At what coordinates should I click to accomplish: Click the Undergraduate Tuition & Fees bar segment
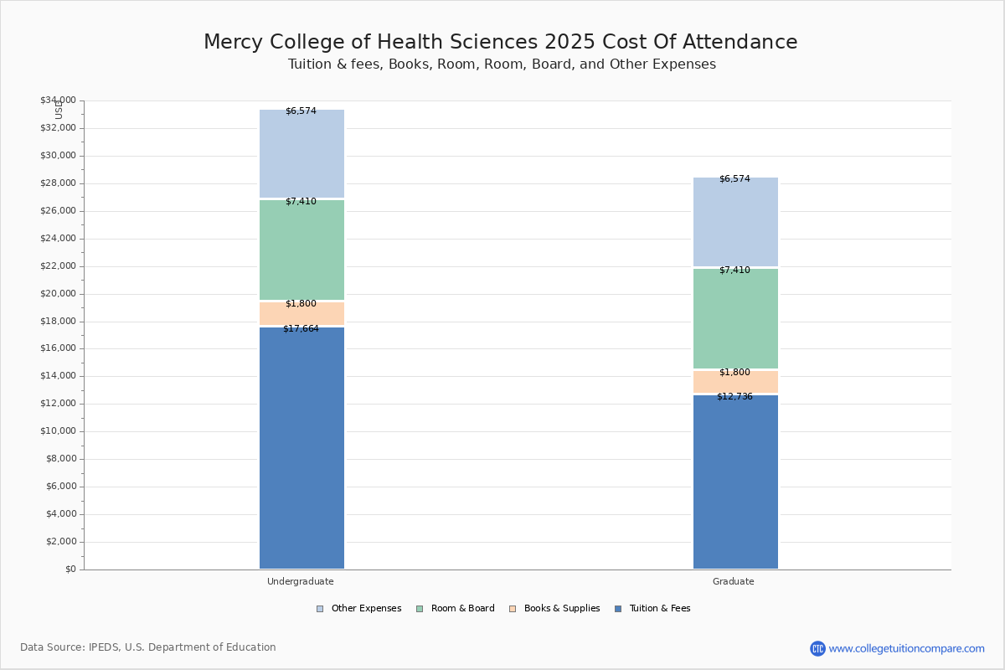[x=301, y=448]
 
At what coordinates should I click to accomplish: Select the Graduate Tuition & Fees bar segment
[x=735, y=482]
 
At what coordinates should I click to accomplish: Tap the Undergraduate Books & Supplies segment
[x=301, y=314]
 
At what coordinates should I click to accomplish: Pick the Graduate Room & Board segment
[x=735, y=319]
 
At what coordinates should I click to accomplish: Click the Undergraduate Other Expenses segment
[x=301, y=155]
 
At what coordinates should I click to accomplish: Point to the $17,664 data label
[x=301, y=329]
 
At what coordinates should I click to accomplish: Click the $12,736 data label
[x=734, y=397]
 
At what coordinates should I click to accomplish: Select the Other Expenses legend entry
[x=359, y=609]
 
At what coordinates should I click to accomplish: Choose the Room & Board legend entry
[x=456, y=609]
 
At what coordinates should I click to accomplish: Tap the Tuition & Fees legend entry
[x=652, y=609]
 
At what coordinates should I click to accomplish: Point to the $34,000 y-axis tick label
[x=58, y=100]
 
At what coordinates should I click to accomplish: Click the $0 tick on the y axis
[x=70, y=569]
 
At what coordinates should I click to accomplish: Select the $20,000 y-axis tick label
[x=58, y=294]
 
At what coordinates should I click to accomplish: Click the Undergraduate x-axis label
[x=301, y=581]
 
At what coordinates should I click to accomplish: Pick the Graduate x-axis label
[x=734, y=581]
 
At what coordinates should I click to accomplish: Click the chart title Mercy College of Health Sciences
[x=501, y=43]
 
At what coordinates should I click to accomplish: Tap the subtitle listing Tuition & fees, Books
[x=502, y=64]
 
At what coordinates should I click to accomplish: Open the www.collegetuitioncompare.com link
[x=906, y=648]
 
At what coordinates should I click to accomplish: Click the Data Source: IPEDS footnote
[x=148, y=647]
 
